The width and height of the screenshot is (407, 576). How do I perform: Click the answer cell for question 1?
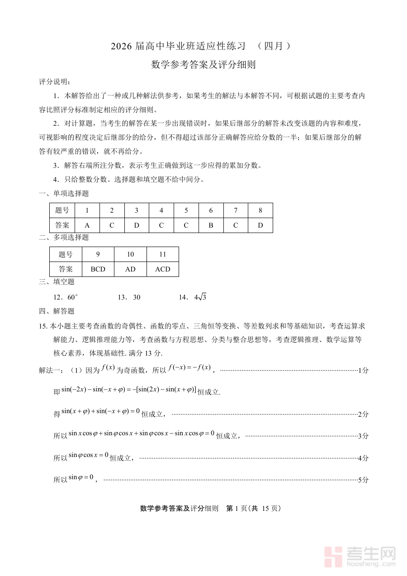click(x=87, y=225)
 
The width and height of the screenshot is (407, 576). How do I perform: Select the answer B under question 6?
click(x=211, y=225)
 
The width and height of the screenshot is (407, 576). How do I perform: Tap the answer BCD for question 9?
click(x=98, y=269)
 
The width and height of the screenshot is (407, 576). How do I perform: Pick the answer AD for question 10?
click(x=130, y=269)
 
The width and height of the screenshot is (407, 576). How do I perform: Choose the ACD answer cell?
click(x=163, y=269)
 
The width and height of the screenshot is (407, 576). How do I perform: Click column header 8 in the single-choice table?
click(x=260, y=210)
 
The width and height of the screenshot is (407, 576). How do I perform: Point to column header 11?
click(x=163, y=254)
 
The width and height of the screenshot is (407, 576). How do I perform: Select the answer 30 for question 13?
click(x=136, y=297)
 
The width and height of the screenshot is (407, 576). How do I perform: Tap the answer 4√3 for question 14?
click(x=200, y=297)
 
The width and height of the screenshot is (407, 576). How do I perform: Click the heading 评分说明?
click(x=54, y=81)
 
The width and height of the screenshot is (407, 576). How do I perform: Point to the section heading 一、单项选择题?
click(x=64, y=194)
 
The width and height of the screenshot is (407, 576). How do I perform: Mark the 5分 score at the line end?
click(x=363, y=480)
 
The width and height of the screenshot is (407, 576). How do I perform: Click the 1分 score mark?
click(x=363, y=371)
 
